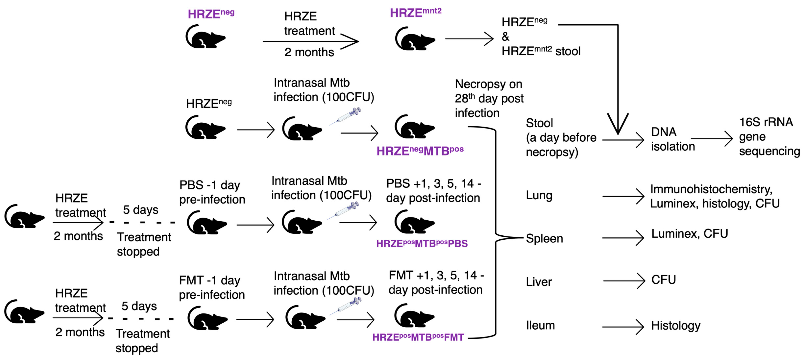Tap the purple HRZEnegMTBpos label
tap(420, 151)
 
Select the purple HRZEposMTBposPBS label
tap(422, 243)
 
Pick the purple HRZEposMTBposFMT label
tap(418, 337)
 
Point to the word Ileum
tap(540, 325)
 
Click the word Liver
tap(539, 282)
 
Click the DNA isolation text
tap(672, 139)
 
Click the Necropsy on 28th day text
tap(488, 98)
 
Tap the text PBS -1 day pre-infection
tap(212, 192)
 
